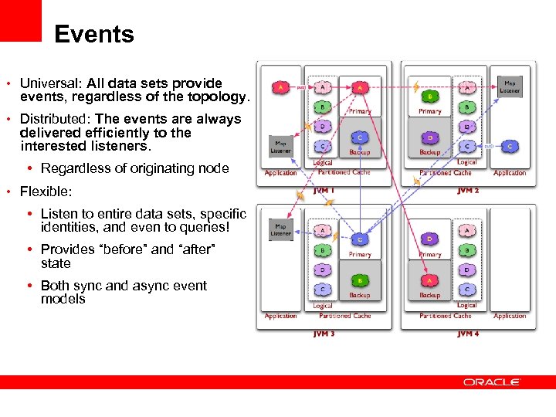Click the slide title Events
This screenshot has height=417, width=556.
[94, 35]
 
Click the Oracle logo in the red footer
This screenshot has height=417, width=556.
[492, 381]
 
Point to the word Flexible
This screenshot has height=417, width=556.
[45, 191]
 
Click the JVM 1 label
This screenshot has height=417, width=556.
[324, 190]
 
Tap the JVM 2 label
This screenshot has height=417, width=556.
[467, 190]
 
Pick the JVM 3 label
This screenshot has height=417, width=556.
[324, 334]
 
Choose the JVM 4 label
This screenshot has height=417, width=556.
[467, 334]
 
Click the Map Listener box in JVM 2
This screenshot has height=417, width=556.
[510, 86]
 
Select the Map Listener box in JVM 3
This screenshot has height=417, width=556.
[280, 229]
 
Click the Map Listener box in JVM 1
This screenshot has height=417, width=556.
[280, 144]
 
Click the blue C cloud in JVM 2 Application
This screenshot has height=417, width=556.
[510, 145]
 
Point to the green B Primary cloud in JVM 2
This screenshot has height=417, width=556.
[429, 97]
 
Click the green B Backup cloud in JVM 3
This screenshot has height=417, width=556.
[359, 281]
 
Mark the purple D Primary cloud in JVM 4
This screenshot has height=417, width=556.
[429, 239]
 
